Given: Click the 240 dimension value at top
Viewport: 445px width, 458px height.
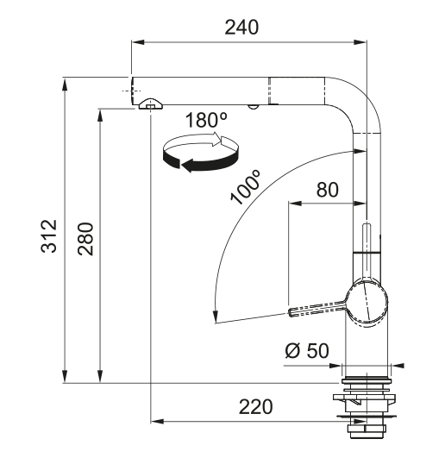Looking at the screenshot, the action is point(241,28).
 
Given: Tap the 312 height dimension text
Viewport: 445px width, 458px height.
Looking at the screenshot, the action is point(49,236).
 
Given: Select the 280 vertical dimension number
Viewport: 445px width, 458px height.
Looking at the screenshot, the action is point(85,239).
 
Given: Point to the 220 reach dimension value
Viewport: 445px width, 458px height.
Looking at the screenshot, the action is point(256,406).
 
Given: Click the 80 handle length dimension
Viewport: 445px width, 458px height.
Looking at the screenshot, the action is point(328,190).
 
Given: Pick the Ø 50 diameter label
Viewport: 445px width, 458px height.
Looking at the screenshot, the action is point(307,350).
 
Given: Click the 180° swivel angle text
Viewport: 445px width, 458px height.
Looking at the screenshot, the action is point(206,120).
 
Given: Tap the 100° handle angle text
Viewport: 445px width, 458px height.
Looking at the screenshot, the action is point(245,187).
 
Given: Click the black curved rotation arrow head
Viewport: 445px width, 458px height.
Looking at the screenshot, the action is point(189,166).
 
